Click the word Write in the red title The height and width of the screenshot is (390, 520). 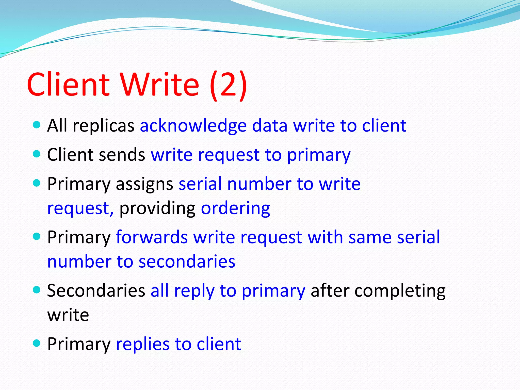pyautogui.click(x=159, y=84)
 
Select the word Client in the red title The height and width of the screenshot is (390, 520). pyautogui.click(x=68, y=84)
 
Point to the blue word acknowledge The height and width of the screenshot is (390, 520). pyautogui.click(x=193, y=126)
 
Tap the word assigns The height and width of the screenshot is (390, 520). pyautogui.click(x=144, y=184)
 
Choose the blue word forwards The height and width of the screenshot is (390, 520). pyautogui.click(x=152, y=237)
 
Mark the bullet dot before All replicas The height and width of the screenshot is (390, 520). pyautogui.click(x=37, y=125)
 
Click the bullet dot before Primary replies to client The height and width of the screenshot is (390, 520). pyautogui.click(x=37, y=343)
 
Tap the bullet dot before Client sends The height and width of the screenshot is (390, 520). pyautogui.click(x=37, y=154)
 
